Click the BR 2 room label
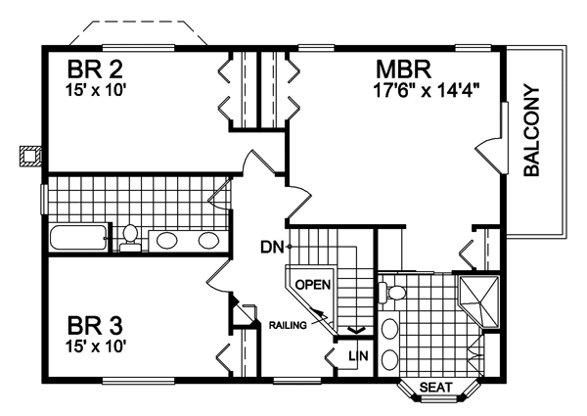[x=95, y=69]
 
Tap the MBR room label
[x=404, y=69]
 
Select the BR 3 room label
[x=95, y=325]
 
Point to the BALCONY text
[x=531, y=131]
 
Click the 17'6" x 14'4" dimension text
[x=427, y=91]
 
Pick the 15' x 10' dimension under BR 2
[x=94, y=91]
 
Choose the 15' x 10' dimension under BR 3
[x=94, y=347]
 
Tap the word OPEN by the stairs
[x=313, y=285]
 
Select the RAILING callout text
[x=288, y=325]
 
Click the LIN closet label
[x=358, y=355]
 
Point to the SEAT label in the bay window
[x=436, y=387]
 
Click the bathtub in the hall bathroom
[x=78, y=238]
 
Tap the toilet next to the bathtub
[x=130, y=238]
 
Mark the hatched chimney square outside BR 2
[x=29, y=156]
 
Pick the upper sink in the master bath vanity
[x=389, y=330]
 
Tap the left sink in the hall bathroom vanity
[x=166, y=240]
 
